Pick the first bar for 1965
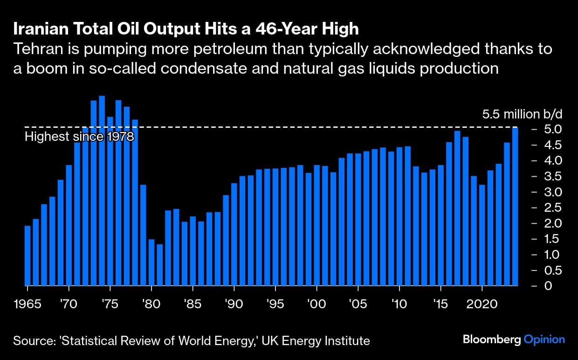tap(28, 255)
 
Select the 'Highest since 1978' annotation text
tap(79, 137)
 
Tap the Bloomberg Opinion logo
tap(513, 339)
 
